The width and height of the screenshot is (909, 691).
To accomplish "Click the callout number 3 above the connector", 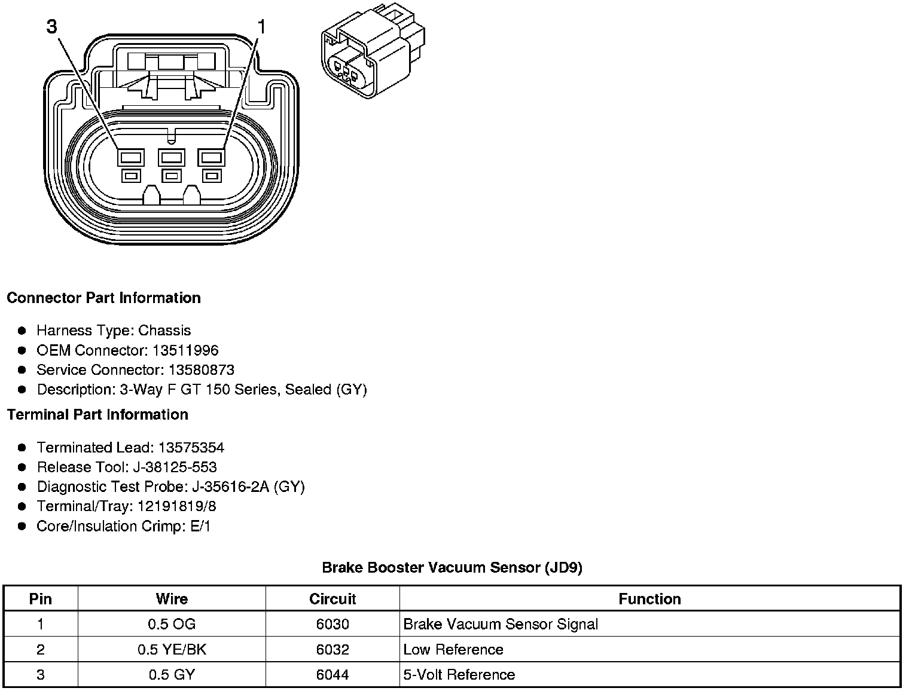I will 53,27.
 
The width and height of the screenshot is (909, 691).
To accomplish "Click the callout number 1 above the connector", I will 261,27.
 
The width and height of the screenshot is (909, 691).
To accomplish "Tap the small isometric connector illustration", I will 373,53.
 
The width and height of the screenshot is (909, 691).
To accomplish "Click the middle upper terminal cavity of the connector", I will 171,157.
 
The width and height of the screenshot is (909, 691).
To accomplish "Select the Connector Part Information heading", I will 103,298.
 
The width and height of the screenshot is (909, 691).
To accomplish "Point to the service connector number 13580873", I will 201,370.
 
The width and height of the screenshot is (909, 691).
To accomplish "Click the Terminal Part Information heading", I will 97,414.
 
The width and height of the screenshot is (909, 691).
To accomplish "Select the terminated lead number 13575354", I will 191,448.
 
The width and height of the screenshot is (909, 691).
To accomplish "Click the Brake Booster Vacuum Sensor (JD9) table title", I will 452,567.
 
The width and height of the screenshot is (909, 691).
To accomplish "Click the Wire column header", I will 172,599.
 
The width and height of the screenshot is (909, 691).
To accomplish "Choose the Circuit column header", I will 333,599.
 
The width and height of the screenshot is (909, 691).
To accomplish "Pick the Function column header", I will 649,599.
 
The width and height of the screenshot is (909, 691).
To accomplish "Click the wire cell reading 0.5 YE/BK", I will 172,650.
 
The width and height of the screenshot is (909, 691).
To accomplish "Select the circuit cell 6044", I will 333,675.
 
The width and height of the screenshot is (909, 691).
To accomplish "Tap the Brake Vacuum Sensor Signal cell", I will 501,625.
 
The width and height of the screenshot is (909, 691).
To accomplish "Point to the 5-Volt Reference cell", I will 459,675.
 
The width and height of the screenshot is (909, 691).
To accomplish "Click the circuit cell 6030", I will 333,625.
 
